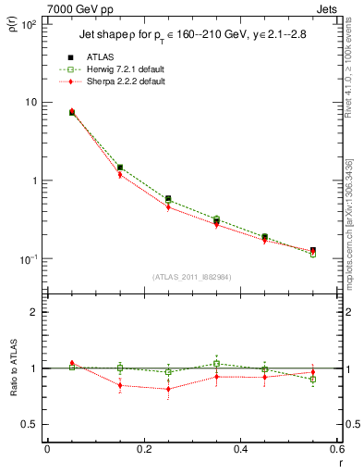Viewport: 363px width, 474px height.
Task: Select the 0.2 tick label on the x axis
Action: (143, 449)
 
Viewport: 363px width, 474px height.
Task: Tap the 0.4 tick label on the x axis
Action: (239, 449)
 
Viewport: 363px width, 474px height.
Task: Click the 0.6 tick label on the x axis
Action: (335, 449)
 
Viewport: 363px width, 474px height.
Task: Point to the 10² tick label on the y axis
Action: (27, 23)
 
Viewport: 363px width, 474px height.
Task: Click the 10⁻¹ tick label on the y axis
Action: (27, 259)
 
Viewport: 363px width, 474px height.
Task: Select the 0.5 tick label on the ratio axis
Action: (28, 424)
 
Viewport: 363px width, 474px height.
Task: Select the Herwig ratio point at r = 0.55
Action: (313, 380)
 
